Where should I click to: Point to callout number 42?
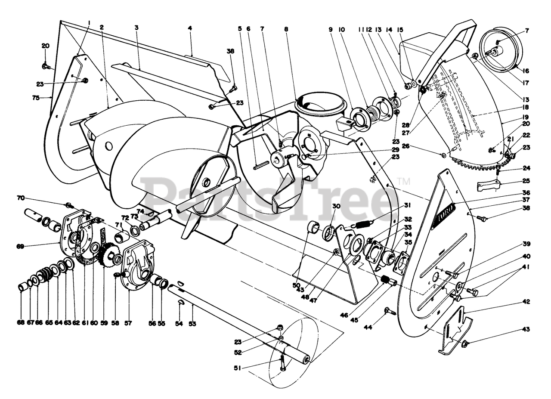526,302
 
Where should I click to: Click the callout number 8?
285,29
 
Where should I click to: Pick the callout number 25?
526,181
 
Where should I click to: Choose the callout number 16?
526,71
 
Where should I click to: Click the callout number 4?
190,28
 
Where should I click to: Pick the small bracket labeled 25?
488,186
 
